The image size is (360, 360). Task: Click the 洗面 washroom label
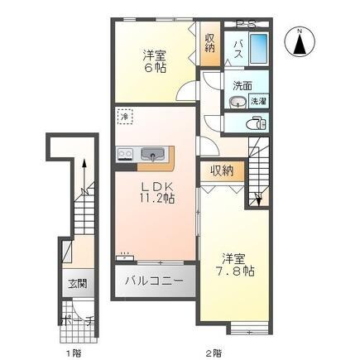242,85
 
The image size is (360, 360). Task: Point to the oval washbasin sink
238,102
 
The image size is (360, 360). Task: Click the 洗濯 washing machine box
258,101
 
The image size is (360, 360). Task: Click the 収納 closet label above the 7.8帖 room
221,170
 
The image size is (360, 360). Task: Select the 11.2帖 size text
156,199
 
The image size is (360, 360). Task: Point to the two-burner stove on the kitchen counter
127,153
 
